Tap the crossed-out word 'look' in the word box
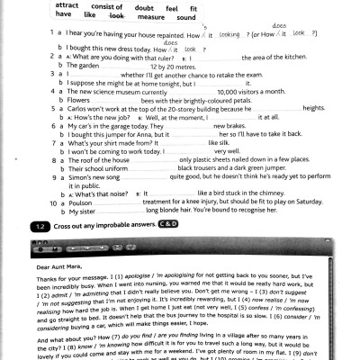[x=117, y=16]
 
